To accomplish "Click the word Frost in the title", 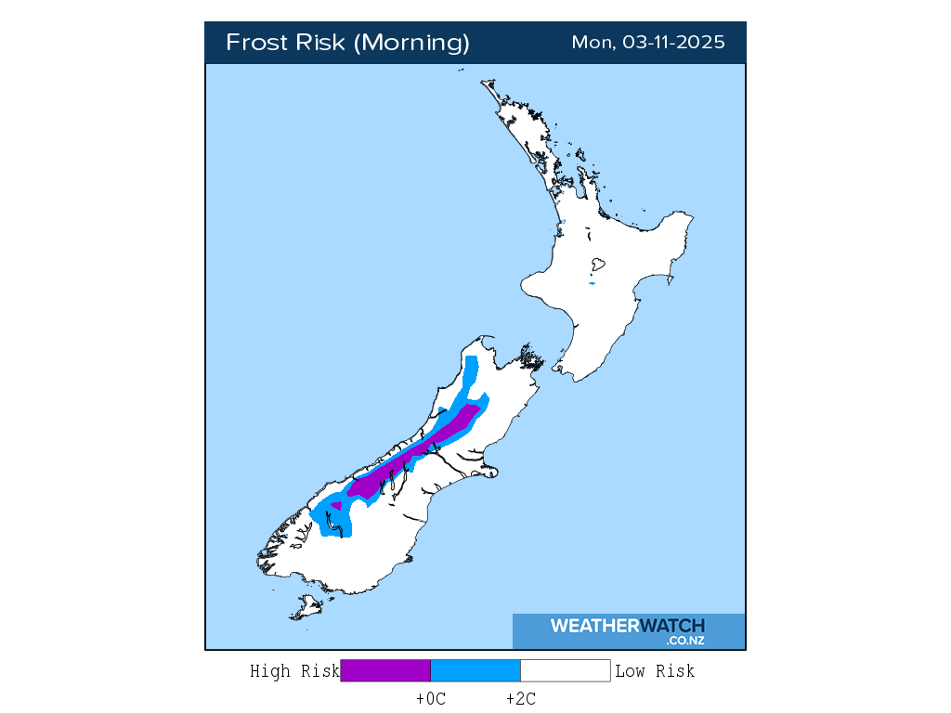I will point(257,43).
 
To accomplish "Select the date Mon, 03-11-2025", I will point(647,43).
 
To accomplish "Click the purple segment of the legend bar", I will point(385,670).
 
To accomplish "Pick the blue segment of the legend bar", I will point(475,670).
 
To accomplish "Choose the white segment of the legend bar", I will point(565,670).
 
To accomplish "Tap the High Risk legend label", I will point(294,670).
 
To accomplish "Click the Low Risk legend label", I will point(655,670).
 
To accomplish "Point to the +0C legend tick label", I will point(431,699).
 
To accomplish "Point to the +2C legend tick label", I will point(520,699).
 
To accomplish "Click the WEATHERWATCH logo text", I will point(627,626).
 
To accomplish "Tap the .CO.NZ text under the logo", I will point(685,641).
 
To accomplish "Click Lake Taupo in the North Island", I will point(598,265).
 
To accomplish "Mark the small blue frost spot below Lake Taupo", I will point(592,284).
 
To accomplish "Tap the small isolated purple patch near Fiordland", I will point(335,505).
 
